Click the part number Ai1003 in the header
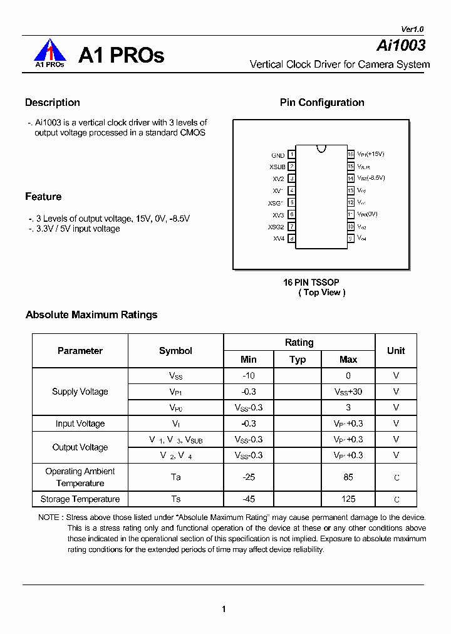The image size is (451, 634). [401, 45]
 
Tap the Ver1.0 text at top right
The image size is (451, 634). [412, 29]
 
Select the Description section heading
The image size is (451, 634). [53, 103]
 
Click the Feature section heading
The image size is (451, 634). [43, 197]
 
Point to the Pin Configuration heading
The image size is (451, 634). [322, 103]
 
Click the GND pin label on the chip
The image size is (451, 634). [277, 155]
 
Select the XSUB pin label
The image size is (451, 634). [277, 167]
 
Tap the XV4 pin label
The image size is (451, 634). [279, 239]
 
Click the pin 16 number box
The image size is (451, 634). [351, 154]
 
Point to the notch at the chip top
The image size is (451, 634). [321, 148]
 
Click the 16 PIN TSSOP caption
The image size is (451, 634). [311, 283]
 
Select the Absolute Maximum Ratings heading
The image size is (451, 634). [91, 314]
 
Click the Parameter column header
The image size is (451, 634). [80, 351]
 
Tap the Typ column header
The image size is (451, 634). [298, 360]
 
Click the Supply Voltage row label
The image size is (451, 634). [80, 392]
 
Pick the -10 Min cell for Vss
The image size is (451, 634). [249, 376]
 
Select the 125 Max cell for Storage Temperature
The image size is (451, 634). [348, 499]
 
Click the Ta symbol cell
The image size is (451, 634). [176, 477]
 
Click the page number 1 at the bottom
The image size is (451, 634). [224, 609]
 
